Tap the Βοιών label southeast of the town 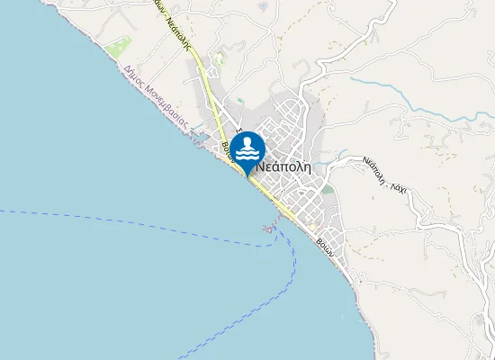pyautogui.click(x=325, y=245)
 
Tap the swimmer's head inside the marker pyautogui.click(x=247, y=143)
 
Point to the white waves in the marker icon pyautogui.click(x=247, y=156)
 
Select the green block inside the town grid pyautogui.click(x=327, y=189)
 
